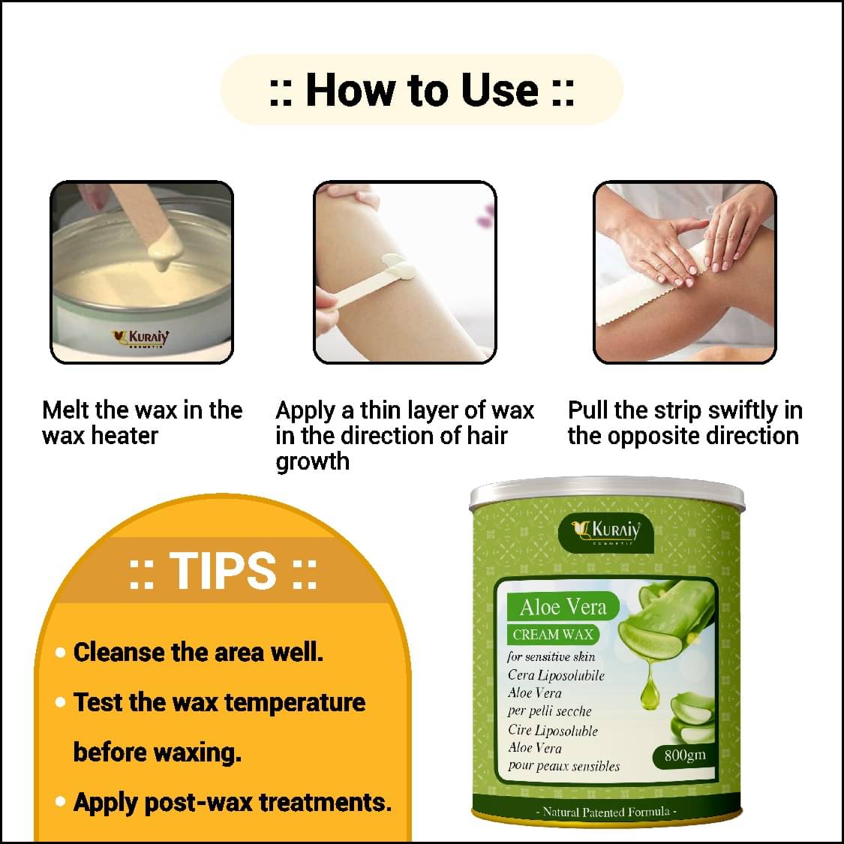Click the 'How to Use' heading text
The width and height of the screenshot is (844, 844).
422,89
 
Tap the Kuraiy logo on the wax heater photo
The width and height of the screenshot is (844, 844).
140,338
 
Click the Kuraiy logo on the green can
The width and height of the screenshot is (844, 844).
607,530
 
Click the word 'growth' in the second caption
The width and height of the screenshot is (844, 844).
312,462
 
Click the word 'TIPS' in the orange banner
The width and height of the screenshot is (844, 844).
223,570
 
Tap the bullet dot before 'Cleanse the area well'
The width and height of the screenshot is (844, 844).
60,653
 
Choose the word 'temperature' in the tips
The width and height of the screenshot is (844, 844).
294,703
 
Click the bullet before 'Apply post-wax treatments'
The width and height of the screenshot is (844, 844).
60,802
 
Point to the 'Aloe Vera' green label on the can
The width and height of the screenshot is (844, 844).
563,607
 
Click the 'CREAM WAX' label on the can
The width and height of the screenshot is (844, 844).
553,635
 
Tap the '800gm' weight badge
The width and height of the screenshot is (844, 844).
685,755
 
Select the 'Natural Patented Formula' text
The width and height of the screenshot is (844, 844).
607,812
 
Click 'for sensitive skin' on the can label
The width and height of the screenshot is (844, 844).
551,656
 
